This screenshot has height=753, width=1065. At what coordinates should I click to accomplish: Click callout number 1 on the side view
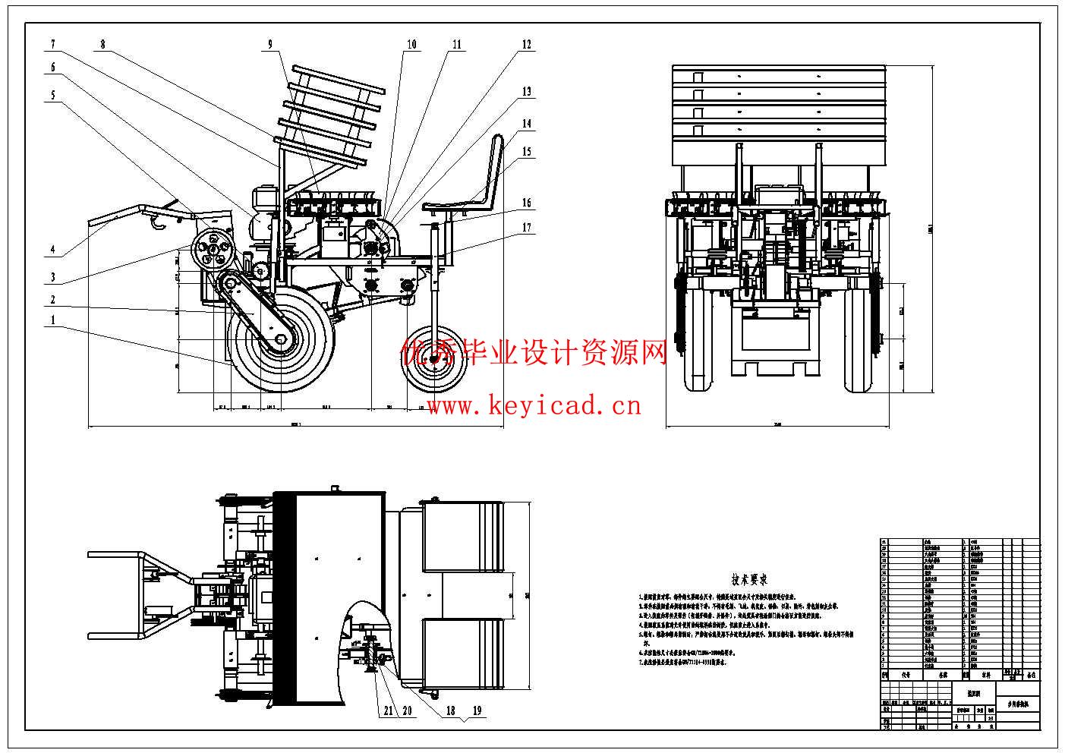53,320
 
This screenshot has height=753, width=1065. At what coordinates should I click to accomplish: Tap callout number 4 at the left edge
53,249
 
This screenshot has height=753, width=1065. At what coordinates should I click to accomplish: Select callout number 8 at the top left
103,44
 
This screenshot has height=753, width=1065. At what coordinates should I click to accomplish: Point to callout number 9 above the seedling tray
269,44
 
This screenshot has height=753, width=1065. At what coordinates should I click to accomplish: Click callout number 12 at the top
527,44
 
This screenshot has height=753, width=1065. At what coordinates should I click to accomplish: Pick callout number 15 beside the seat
527,152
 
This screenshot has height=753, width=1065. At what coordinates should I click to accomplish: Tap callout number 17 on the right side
527,226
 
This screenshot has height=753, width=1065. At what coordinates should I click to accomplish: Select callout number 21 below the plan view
388,711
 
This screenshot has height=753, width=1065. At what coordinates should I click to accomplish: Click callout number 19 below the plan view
477,711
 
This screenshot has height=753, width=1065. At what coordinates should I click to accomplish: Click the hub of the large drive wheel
281,342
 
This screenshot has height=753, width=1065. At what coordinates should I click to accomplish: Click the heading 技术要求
749,580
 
